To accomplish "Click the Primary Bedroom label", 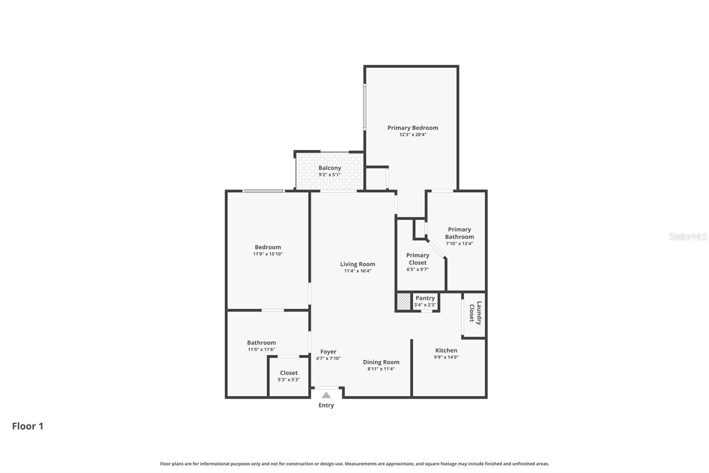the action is point(413,128).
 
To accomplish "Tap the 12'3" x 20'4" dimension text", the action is point(413,134).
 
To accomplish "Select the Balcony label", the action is point(330,168).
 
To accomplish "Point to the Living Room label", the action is point(357,264).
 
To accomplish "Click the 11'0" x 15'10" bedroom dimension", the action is point(268,254).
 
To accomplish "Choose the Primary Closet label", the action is point(417,259).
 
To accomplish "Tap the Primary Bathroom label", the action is point(459,233).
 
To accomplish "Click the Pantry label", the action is point(425,298).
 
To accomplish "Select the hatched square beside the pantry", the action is point(404,301).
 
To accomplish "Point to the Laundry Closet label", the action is point(475,313).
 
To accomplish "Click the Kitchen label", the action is point(446,350).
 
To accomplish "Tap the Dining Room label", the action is point(381,362).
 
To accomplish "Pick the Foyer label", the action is point(328,351).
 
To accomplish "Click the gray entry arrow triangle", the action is point(326,395).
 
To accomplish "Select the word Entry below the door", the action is point(326,405).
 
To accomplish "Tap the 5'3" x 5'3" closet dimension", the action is point(288,379).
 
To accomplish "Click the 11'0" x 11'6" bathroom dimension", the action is point(261,349).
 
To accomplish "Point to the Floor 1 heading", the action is point(27,426).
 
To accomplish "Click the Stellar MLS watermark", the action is point(688,236).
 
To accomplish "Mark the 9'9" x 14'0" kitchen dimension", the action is point(446,357).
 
